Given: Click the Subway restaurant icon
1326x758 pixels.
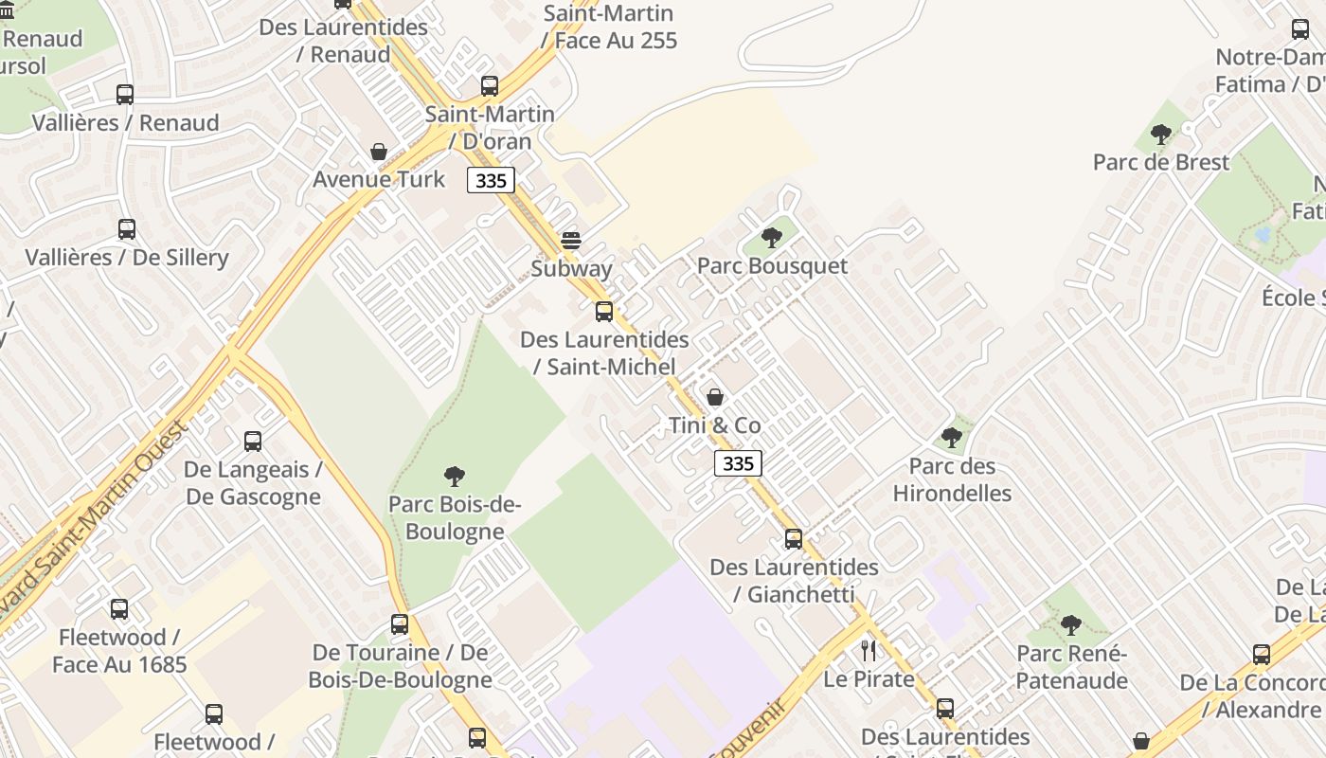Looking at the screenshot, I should (571, 241).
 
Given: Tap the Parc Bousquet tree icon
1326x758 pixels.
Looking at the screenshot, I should (772, 238).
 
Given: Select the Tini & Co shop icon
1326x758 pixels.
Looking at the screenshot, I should (715, 397).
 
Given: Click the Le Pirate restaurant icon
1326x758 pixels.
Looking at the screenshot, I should (869, 651).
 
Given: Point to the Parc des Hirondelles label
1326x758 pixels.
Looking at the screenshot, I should (952, 479).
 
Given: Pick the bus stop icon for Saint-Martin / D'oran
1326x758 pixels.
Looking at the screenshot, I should (490, 86).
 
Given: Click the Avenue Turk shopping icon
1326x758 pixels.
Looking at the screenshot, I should (379, 152).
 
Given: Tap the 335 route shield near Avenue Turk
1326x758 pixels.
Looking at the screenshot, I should (491, 180).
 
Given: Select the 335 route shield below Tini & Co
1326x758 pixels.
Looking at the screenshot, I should (738, 463).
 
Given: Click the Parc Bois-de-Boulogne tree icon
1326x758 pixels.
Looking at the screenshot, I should (455, 476).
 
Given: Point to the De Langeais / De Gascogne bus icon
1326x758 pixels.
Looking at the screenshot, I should (253, 442).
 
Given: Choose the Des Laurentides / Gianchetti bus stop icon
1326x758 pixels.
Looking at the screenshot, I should (794, 539).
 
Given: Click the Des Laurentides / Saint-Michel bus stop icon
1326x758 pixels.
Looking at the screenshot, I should (604, 312).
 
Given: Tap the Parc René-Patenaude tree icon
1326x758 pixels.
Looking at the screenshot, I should (1071, 625).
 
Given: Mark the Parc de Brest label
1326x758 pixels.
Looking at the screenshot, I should (1161, 162).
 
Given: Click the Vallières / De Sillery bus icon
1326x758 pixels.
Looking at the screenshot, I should (127, 229).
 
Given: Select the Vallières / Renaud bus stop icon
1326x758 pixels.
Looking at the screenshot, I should (125, 95).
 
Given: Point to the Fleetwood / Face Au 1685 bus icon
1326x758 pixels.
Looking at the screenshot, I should (119, 609).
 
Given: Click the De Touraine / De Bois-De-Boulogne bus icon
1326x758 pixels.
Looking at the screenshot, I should (400, 624).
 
